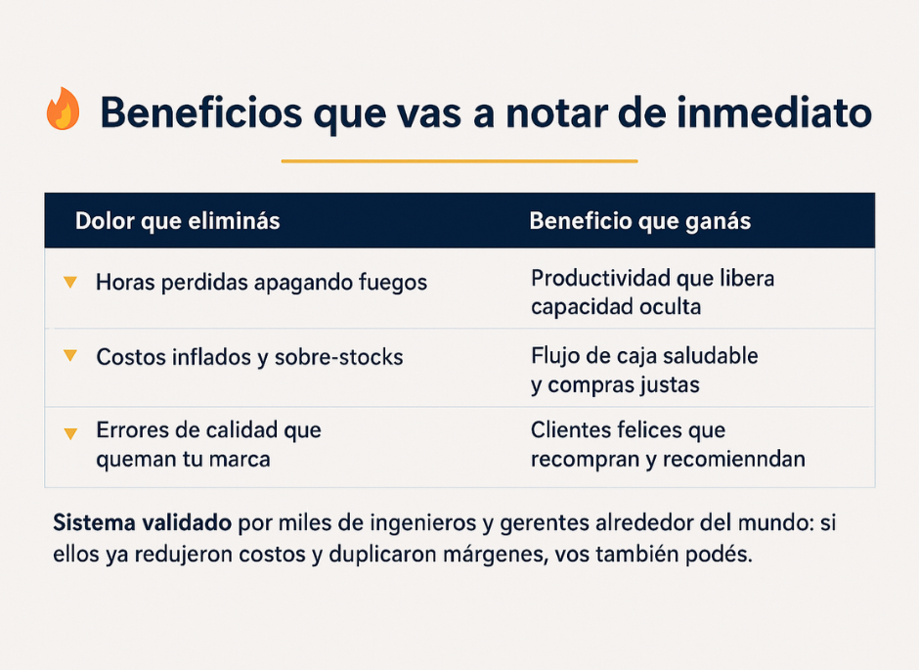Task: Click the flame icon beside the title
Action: point(63,109)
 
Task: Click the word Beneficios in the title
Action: point(201,112)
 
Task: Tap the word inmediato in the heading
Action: point(773,112)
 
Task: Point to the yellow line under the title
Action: point(459,160)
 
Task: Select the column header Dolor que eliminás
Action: point(178,221)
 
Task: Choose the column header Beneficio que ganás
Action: point(640,221)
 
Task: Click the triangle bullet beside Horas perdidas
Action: point(70,282)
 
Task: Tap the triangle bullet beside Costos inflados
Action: point(70,355)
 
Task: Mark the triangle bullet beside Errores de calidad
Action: point(70,433)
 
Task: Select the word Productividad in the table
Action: point(600,278)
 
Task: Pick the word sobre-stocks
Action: point(339,357)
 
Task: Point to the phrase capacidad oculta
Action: point(616,307)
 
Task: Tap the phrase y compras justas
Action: point(615,385)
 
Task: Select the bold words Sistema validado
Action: point(143,522)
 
